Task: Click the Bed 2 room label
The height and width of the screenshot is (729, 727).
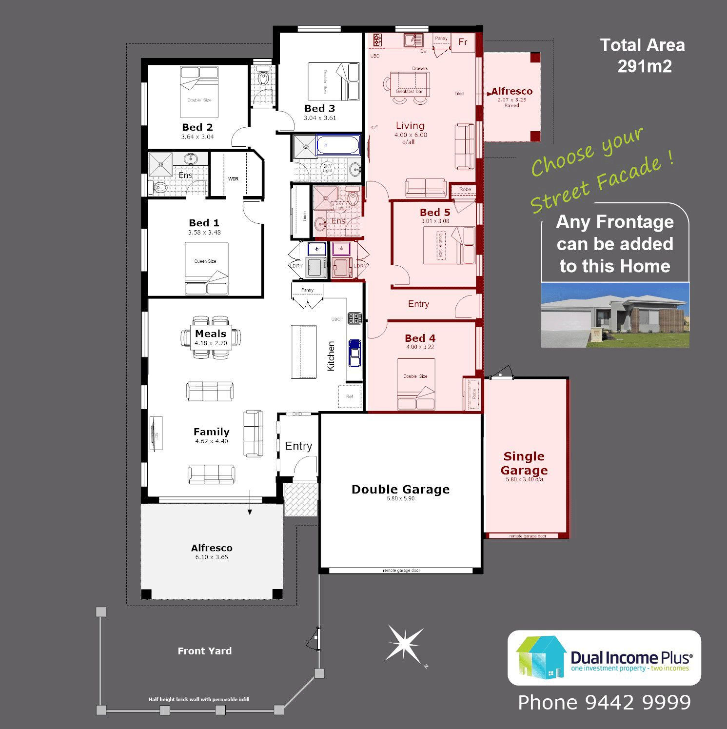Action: (197, 127)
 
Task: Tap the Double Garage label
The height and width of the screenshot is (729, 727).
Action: (400, 489)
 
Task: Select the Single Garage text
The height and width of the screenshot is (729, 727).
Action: (524, 463)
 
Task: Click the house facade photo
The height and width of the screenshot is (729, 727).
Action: (615, 315)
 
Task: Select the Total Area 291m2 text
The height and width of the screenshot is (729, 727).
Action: (643, 56)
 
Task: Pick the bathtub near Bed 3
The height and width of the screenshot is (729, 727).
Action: (338, 145)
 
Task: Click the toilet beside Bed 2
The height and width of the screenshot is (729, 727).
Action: (264, 78)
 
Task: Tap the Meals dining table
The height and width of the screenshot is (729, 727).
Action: (211, 337)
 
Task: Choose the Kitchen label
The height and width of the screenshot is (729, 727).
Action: (331, 356)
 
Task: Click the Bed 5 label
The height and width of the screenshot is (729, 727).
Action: (435, 213)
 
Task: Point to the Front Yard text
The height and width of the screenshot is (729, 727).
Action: (205, 651)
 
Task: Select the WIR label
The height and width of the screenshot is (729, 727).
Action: (234, 179)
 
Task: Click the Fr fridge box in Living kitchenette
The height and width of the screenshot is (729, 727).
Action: (463, 42)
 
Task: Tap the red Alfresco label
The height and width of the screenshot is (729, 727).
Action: (511, 91)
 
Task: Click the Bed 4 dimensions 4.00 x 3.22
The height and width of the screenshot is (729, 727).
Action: (420, 347)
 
